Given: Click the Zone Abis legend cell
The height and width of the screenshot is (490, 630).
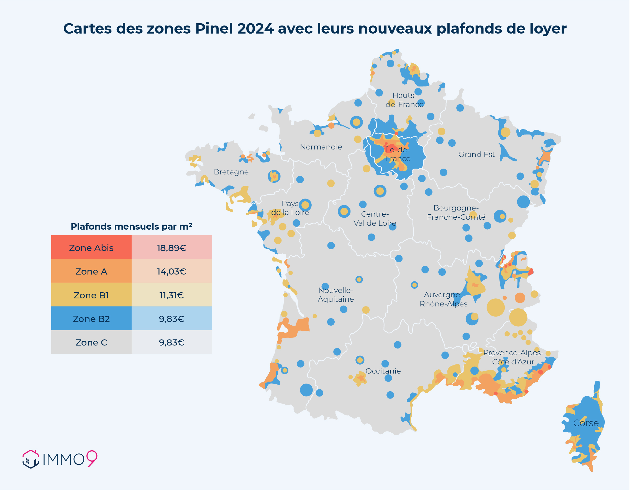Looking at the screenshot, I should click(x=91, y=248).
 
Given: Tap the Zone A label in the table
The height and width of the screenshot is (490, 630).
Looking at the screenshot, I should click(x=91, y=271).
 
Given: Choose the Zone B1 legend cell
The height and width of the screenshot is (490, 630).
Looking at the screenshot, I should click(x=91, y=295).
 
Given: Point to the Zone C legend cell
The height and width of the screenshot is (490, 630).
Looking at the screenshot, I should click(x=91, y=342).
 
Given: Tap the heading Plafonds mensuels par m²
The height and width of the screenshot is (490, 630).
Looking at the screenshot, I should click(x=131, y=226).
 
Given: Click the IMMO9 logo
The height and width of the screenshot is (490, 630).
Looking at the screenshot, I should click(x=60, y=459).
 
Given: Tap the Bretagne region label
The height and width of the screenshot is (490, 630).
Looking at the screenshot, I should click(x=231, y=172).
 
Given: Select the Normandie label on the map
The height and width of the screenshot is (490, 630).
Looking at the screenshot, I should click(x=321, y=147).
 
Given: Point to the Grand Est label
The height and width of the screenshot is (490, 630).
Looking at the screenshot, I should click(x=477, y=154).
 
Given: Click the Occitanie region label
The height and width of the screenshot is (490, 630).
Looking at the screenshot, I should click(x=383, y=371).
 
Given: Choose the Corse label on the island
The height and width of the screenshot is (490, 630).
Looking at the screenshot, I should click(x=586, y=423).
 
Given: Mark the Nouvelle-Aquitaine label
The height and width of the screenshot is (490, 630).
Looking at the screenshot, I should click(x=336, y=295).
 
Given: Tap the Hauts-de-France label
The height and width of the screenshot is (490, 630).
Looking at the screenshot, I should click(x=404, y=100).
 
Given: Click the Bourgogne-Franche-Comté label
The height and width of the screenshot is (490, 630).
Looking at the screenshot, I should click(x=456, y=212).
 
